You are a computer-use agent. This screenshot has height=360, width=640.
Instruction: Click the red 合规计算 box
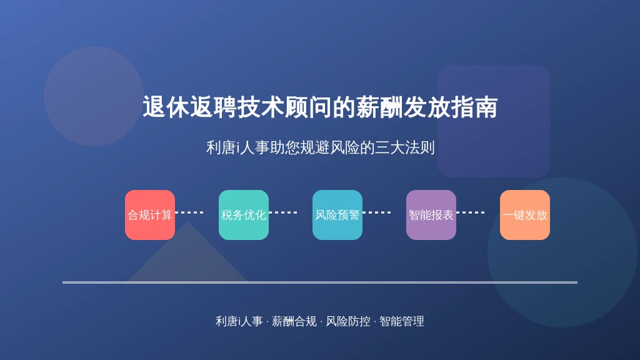coord(150,215)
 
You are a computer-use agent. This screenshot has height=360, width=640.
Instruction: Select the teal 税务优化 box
coord(244,215)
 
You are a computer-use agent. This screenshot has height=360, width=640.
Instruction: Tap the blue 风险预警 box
coord(337,215)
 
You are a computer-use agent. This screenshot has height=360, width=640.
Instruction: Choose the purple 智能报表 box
coord(431,215)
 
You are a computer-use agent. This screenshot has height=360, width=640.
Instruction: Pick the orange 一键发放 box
coord(525,215)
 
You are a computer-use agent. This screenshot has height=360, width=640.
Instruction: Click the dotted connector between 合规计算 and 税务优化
coord(189,212)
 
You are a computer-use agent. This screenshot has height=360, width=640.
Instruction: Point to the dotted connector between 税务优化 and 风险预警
coord(283,212)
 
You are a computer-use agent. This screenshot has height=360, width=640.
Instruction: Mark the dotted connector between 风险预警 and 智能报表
coord(377,212)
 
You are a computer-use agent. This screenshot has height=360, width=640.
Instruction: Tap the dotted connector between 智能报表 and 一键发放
coord(470,212)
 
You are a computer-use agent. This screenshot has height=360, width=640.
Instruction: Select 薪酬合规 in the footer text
coord(294,322)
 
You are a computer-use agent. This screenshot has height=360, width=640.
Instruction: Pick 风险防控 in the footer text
coord(348,322)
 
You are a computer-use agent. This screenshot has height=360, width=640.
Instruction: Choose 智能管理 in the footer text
coord(402,322)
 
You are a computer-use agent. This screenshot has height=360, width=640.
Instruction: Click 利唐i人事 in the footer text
coord(239,322)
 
